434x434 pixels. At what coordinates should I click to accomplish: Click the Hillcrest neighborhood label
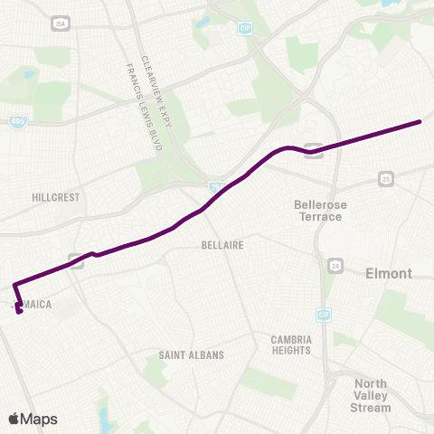(56, 196)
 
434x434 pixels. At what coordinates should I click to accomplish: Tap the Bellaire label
(222, 244)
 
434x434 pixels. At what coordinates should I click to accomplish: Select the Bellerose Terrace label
(318, 211)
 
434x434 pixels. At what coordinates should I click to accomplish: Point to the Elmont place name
(388, 273)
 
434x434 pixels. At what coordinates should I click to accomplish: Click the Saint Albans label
(191, 355)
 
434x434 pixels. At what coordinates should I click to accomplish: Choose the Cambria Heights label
(292, 345)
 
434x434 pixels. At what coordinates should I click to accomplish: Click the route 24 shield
(335, 265)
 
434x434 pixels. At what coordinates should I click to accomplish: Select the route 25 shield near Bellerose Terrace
(384, 178)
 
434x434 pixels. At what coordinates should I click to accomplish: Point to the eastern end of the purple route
(421, 121)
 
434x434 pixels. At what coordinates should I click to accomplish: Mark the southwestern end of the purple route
(20, 313)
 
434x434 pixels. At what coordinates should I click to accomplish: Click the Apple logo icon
(14, 419)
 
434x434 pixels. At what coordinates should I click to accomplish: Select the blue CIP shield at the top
(244, 29)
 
